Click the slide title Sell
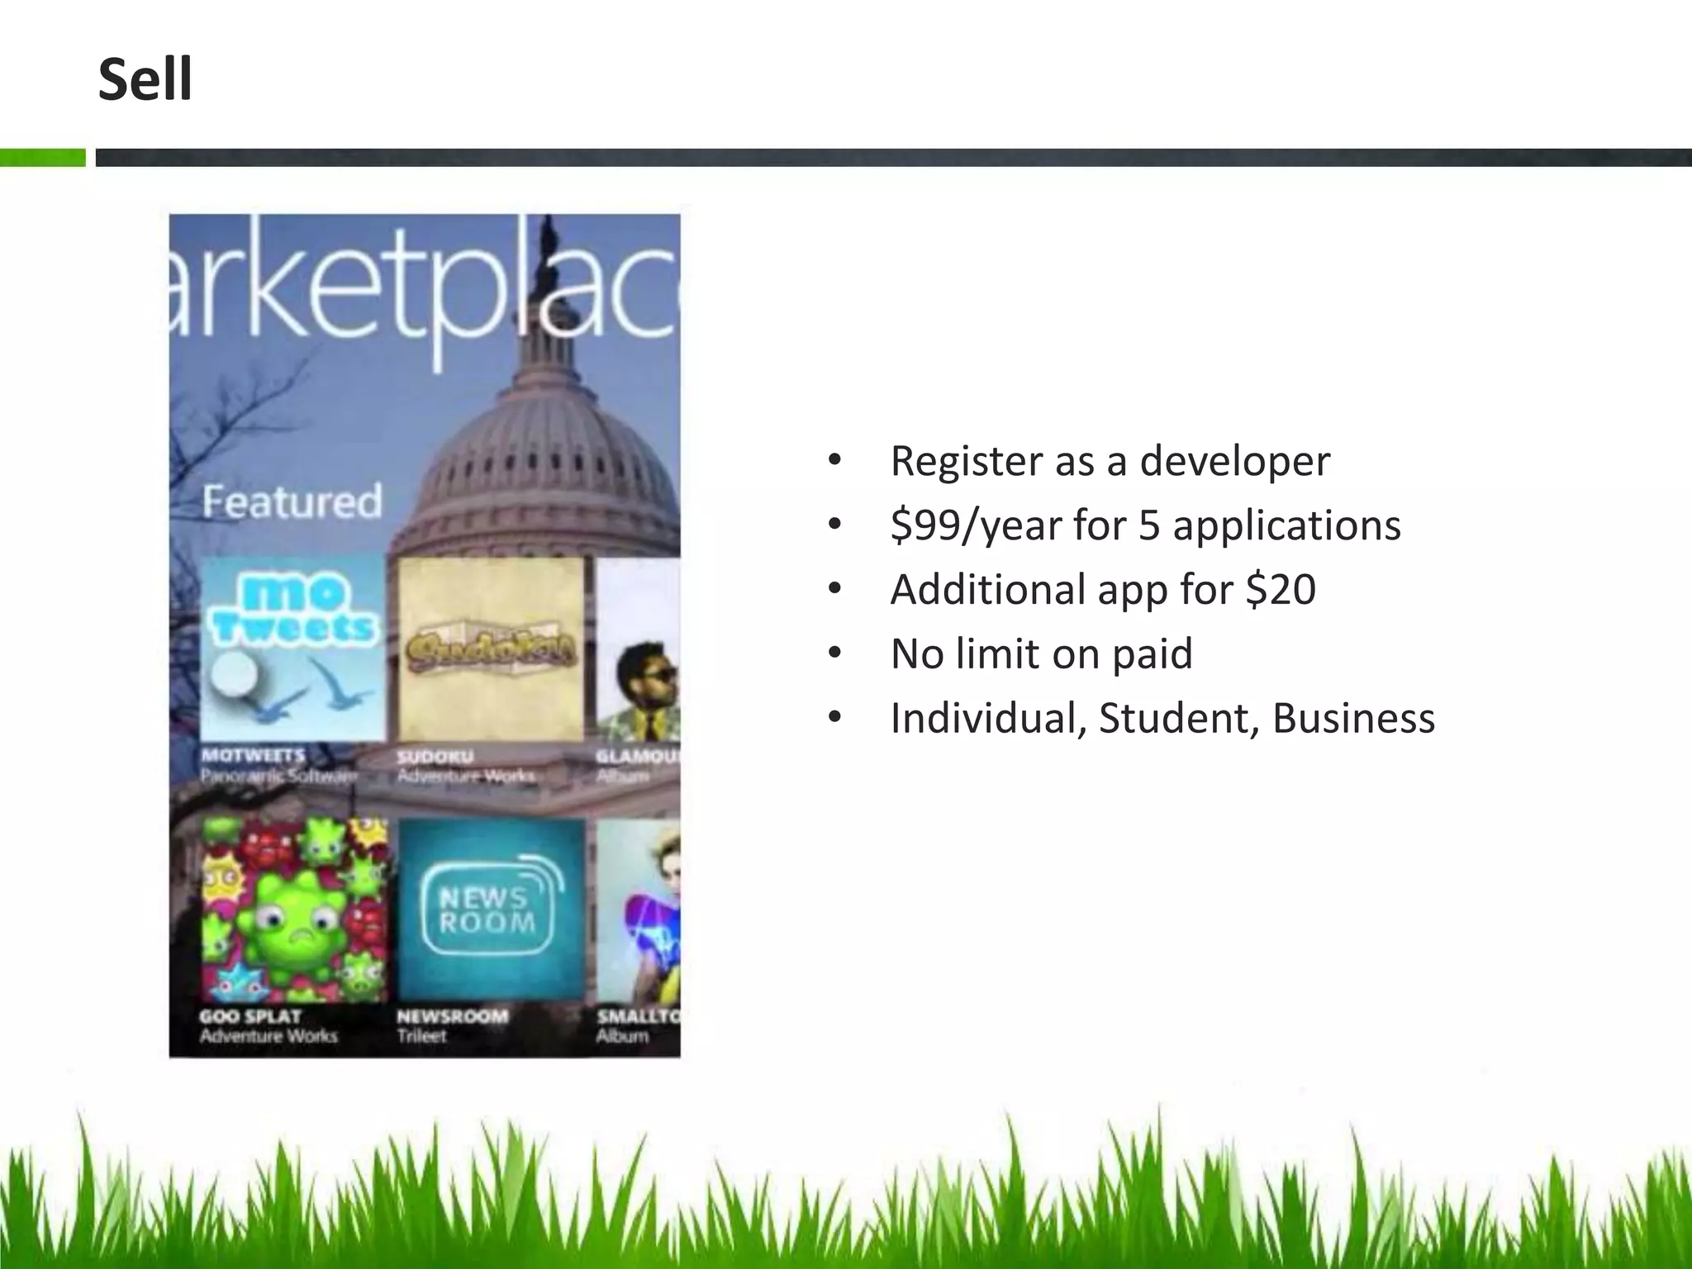click(x=145, y=80)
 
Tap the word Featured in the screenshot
click(x=292, y=501)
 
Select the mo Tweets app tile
click(x=292, y=649)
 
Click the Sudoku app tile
click(x=491, y=649)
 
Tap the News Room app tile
click(x=492, y=910)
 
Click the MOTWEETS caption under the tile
click(x=254, y=755)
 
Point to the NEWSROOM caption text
click(x=452, y=1016)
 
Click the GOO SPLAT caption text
click(x=250, y=1016)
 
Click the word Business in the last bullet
click(x=1353, y=718)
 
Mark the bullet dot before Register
click(x=834, y=460)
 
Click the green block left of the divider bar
click(x=42, y=157)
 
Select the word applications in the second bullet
click(x=1286, y=525)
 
